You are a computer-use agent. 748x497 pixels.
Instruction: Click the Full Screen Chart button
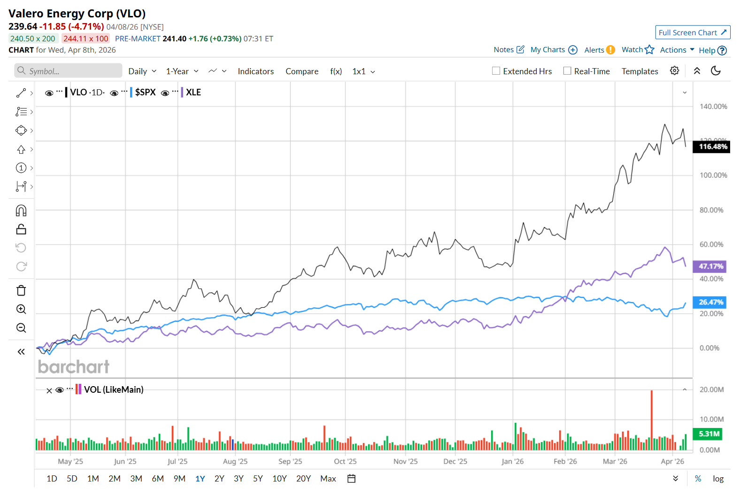692,32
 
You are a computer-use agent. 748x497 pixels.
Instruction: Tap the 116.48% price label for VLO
711,147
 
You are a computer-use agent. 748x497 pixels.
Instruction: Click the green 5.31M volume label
708,434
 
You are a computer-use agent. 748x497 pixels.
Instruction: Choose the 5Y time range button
258,478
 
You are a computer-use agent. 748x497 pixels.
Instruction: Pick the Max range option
328,478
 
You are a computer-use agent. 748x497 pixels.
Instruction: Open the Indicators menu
255,71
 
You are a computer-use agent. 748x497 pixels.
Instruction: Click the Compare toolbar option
301,71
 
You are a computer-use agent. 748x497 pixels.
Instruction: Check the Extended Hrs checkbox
496,71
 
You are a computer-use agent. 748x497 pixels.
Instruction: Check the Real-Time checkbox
567,71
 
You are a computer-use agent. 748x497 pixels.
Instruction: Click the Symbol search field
69,71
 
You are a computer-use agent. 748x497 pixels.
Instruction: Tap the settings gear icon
674,70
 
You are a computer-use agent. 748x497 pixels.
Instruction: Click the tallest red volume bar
651,419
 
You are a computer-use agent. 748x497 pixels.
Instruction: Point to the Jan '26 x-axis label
512,461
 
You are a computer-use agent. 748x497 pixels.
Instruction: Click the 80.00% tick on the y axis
711,210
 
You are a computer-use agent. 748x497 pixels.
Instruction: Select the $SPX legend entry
145,93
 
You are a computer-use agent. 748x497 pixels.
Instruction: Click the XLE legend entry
193,93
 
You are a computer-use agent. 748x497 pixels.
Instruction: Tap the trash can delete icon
21,290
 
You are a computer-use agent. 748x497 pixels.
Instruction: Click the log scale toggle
718,478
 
